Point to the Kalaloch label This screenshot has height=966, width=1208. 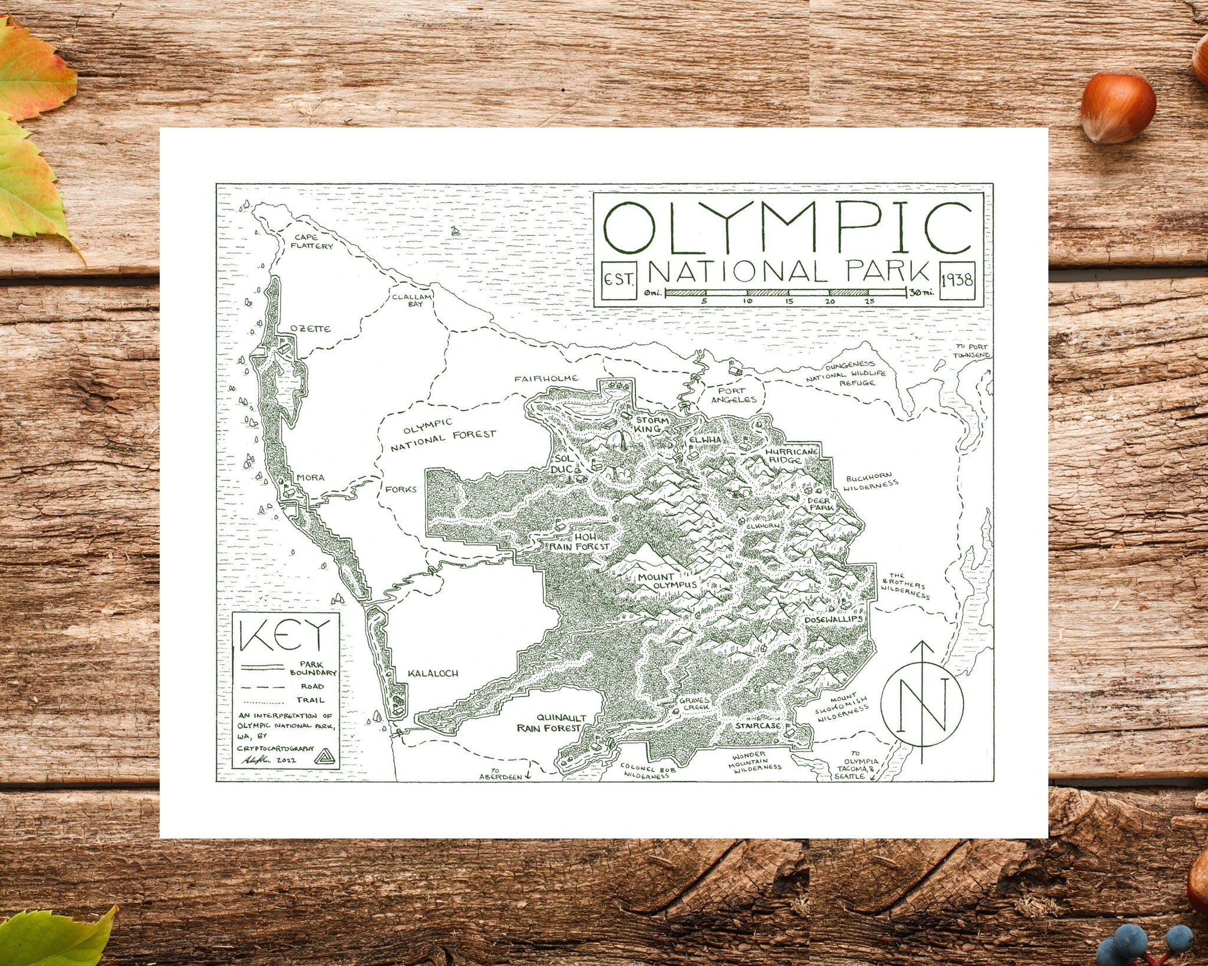(433, 673)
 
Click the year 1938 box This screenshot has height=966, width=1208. (957, 280)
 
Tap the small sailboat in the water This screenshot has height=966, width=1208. (455, 231)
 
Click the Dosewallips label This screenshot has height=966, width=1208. (833, 620)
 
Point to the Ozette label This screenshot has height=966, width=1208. (310, 329)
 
